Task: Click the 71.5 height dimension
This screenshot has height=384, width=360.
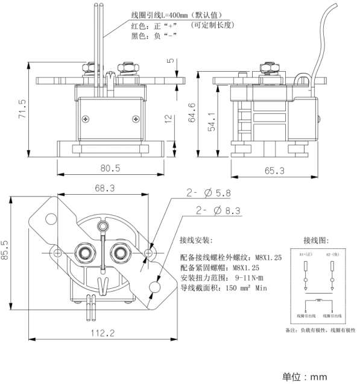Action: (x=22, y=109)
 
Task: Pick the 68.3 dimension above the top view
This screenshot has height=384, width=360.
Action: (x=104, y=188)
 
